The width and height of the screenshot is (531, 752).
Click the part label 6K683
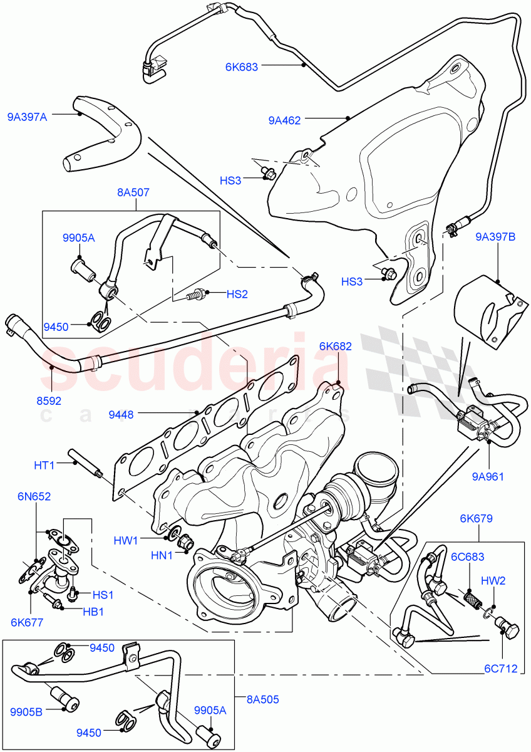(242, 66)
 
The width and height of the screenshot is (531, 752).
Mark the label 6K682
(335, 345)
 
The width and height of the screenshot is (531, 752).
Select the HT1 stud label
(44, 464)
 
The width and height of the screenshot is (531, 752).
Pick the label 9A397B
(495, 237)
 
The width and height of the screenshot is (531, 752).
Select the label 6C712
(501, 669)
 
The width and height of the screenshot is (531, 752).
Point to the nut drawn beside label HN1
(185, 542)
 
